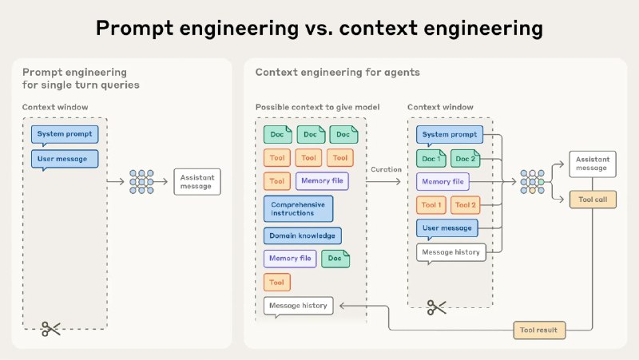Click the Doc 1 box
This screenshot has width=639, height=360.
[x=431, y=158]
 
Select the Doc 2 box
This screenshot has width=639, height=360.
[x=465, y=158]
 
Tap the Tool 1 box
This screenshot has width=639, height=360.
[x=431, y=205]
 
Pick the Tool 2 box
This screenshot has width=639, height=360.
[x=465, y=205]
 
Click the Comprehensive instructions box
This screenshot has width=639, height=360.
[x=298, y=209]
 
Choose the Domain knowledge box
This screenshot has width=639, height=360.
[x=302, y=235]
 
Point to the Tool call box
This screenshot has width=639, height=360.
[x=592, y=200]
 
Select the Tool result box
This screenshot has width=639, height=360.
[x=540, y=329]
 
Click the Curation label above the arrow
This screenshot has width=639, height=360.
[x=386, y=169]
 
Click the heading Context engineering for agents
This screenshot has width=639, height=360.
[x=326, y=73]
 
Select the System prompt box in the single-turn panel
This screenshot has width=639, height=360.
[x=64, y=134]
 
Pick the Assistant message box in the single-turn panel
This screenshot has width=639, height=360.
[x=196, y=181]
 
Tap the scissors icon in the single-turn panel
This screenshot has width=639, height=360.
[x=52, y=327]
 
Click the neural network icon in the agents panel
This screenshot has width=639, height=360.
[x=532, y=181]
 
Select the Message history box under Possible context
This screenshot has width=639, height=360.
[x=298, y=306]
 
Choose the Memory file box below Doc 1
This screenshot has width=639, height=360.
[x=443, y=182]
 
